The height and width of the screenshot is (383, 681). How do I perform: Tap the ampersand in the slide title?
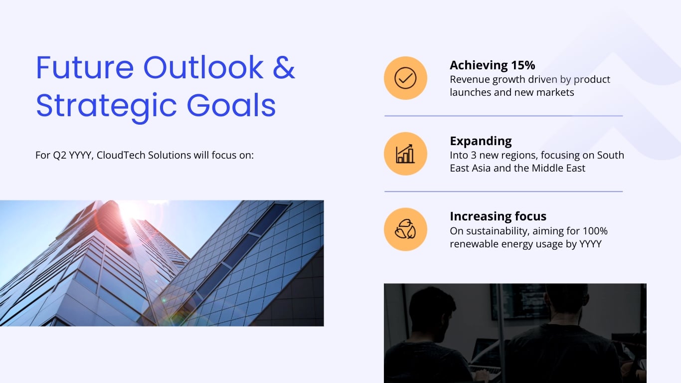click(284, 67)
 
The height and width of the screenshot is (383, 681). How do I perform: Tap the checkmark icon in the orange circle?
click(405, 78)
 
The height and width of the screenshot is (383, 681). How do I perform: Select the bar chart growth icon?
click(405, 154)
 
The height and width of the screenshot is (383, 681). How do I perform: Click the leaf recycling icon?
click(405, 229)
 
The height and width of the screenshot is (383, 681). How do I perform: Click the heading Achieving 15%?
click(492, 65)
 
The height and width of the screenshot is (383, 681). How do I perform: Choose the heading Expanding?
click(481, 141)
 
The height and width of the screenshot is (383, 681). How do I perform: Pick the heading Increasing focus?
click(498, 216)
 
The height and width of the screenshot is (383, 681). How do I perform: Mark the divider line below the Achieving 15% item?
click(504, 116)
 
